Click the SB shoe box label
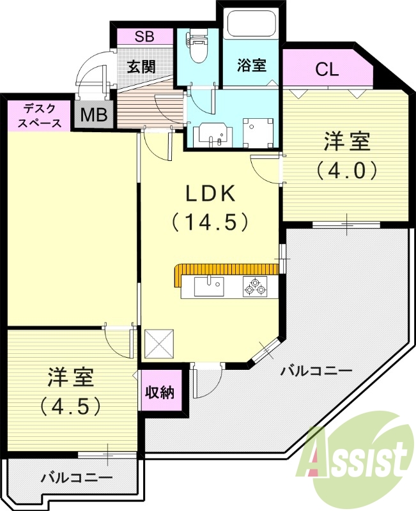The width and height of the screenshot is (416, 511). pos(144,36)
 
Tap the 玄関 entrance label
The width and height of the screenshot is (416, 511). pos(141,66)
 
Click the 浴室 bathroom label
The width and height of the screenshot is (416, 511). pos(251,65)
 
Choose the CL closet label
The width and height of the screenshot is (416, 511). pos(327,70)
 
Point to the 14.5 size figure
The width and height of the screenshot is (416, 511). pos(210,222)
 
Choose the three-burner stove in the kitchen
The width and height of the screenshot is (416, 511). pos(254,286)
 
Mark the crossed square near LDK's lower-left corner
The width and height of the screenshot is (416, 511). pos(159,344)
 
